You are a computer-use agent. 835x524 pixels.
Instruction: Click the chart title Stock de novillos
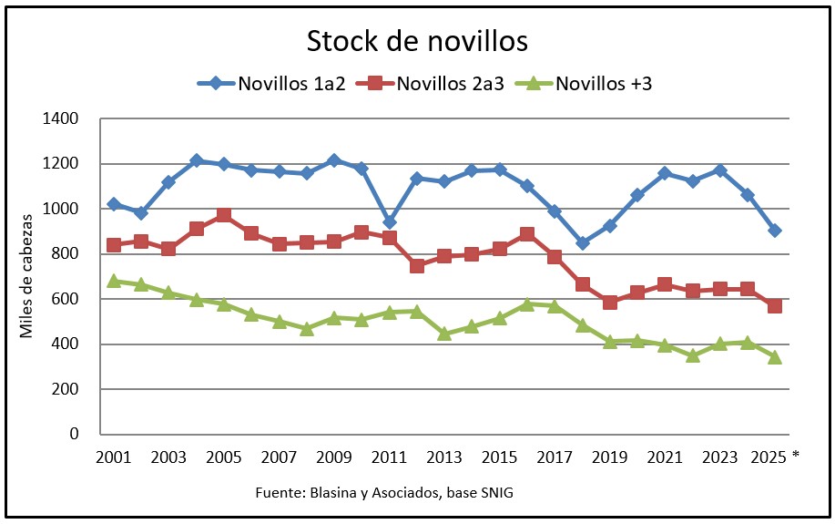417,42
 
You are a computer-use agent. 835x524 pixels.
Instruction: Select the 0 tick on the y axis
76,435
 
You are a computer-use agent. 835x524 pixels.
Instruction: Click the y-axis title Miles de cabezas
27,276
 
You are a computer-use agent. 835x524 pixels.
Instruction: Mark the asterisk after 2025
796,455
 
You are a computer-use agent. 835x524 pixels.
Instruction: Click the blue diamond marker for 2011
390,222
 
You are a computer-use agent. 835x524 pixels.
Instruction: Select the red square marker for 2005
224,215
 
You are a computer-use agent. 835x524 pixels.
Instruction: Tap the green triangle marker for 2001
114,281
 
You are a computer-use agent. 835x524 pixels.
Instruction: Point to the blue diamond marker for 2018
582,243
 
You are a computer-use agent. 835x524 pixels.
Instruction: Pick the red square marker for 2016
527,234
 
